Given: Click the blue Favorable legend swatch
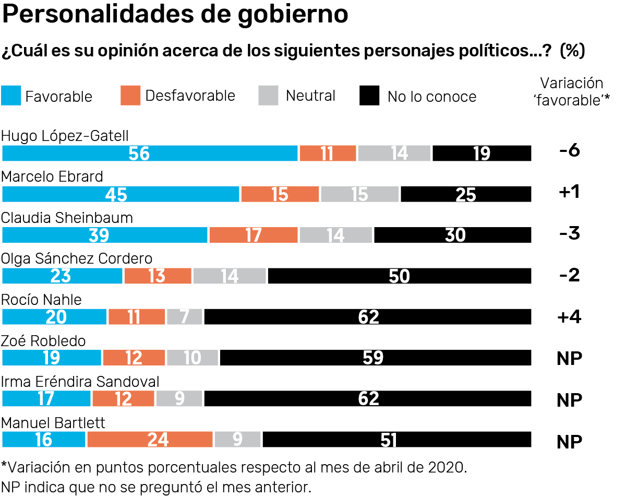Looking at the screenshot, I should [x=11, y=96].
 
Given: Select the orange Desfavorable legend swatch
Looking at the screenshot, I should [x=130, y=96].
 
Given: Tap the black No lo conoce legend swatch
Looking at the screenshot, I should [x=369, y=96].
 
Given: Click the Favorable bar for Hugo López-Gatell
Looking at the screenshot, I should [x=150, y=153].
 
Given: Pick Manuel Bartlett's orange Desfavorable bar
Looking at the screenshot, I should [x=150, y=440].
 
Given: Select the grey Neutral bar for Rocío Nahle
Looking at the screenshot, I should [x=185, y=317].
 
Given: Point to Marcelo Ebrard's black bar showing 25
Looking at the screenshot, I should [x=466, y=194].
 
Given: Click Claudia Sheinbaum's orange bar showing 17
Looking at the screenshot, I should [x=254, y=235].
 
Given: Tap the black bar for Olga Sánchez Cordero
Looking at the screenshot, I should [x=399, y=276].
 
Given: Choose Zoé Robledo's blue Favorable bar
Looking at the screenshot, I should [x=52, y=358].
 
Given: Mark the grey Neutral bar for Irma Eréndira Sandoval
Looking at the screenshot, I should [x=179, y=399].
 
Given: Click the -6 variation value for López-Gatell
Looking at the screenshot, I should [x=569, y=151].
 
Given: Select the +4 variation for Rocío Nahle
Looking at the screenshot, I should [x=569, y=317].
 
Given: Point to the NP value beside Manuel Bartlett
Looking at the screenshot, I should [x=569, y=442].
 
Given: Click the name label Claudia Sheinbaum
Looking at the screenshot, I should [x=67, y=218].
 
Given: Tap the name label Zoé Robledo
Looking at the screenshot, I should [x=43, y=341].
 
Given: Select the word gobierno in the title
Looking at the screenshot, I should [x=293, y=15].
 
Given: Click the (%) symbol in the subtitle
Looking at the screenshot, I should [x=572, y=51].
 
